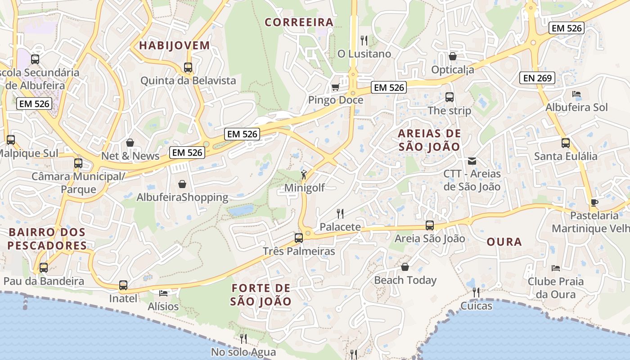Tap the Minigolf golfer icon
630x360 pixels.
coord(305,174)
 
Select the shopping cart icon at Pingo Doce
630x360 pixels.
coord(335,87)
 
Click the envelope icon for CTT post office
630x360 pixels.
coord(472,161)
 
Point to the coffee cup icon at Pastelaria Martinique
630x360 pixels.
coord(594,202)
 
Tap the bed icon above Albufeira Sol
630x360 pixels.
coord(576,94)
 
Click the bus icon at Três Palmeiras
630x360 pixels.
coord(298,238)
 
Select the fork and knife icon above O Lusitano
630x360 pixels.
coord(364,40)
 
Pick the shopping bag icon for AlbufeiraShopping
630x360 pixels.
coord(182,184)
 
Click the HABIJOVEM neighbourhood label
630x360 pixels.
coord(175,45)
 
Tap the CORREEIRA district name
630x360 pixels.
coord(299,22)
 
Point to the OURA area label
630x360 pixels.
coord(504,242)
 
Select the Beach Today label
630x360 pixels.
coord(405,280)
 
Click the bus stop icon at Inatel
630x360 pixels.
coord(123,285)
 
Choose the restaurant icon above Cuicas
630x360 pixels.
coord(476,292)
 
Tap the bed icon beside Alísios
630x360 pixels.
coord(163,293)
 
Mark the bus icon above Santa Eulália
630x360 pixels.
coord(565,143)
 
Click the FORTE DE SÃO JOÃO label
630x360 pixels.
coord(261,295)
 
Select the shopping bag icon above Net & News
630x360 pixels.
coord(130,143)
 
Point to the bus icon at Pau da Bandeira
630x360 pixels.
coord(44,268)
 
